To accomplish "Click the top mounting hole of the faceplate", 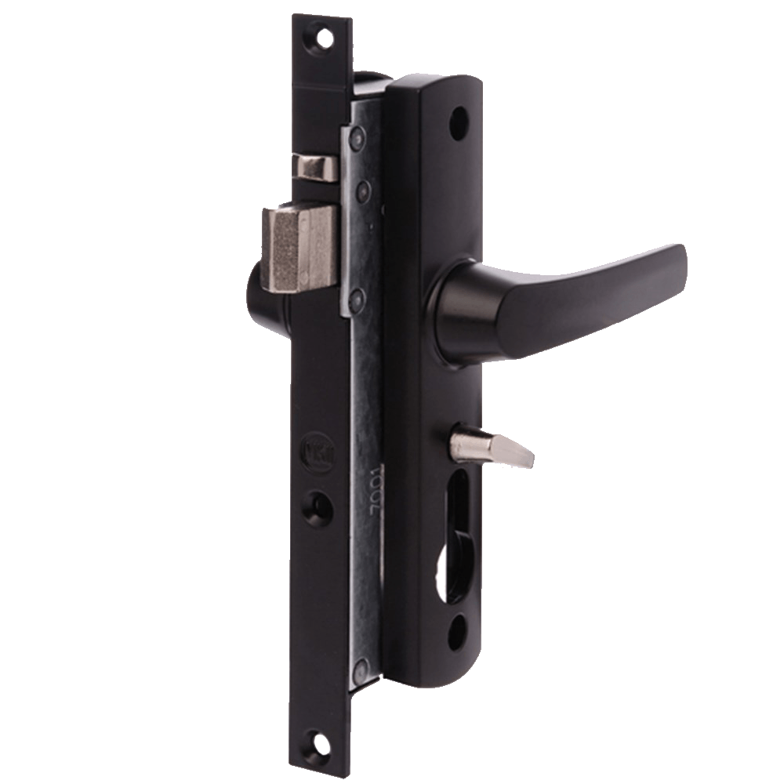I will click(x=321, y=34).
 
